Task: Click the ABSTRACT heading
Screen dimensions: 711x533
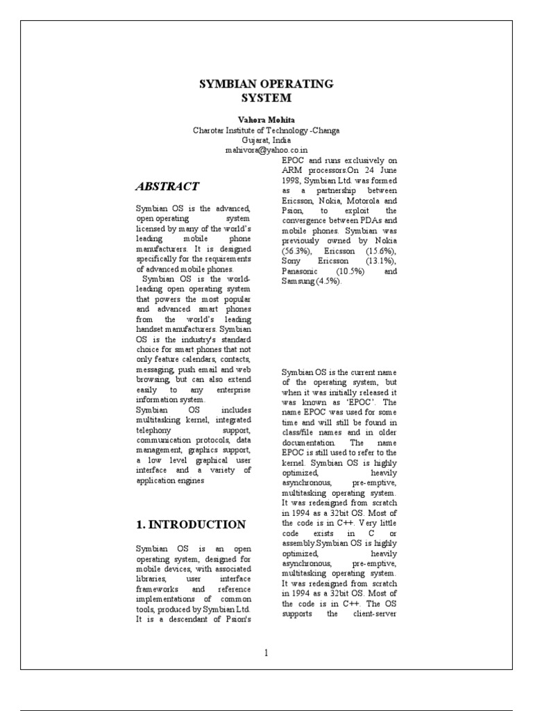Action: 167,186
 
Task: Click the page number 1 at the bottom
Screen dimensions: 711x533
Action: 266,652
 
